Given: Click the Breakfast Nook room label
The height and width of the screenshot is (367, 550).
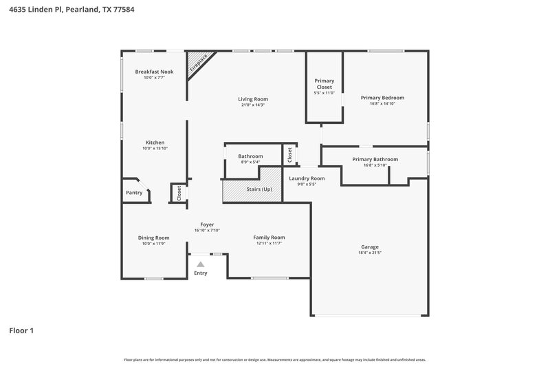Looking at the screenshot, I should [x=154, y=72].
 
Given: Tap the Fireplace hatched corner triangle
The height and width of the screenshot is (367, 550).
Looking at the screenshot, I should [x=197, y=63].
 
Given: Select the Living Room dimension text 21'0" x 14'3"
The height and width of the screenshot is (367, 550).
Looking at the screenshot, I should [x=253, y=105].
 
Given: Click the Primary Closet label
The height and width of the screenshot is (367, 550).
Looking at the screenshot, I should [x=324, y=84].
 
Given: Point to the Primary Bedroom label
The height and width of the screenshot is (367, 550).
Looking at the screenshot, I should [x=382, y=98].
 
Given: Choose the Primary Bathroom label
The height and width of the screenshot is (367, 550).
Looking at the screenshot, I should [x=375, y=159].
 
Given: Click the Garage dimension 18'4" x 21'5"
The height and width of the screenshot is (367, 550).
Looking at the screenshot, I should [x=370, y=253].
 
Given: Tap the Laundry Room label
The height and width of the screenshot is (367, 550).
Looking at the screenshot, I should [x=307, y=178].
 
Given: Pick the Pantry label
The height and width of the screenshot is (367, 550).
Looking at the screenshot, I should [x=134, y=193].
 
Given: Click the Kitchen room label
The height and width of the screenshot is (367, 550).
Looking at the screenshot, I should [x=155, y=143].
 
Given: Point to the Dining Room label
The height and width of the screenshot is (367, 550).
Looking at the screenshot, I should [x=154, y=238].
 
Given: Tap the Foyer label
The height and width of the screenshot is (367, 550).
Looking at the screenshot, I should [x=207, y=224].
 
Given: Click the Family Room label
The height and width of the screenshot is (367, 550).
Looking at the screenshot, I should [x=269, y=237].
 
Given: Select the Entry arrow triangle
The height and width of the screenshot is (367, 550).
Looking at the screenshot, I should [x=200, y=264].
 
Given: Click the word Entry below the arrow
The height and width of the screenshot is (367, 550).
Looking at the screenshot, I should [x=200, y=273].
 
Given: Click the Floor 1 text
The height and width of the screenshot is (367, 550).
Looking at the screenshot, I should [x=21, y=331].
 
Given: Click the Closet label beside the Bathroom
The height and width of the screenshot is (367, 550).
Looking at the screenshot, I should [x=290, y=154].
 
